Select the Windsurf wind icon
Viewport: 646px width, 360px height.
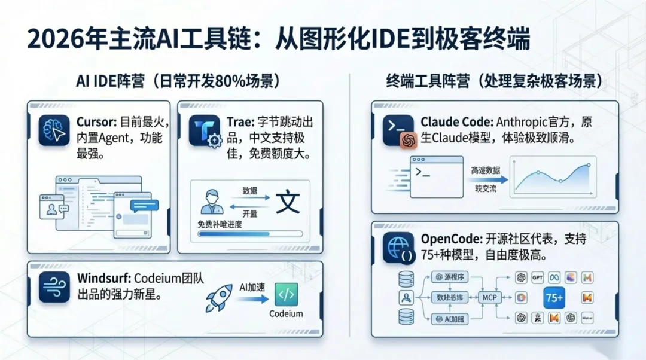[54, 286]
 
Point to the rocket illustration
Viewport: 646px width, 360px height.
[219, 297]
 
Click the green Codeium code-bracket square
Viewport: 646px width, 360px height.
[286, 295]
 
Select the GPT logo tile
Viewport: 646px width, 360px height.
[537, 277]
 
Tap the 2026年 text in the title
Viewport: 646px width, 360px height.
[59, 40]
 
